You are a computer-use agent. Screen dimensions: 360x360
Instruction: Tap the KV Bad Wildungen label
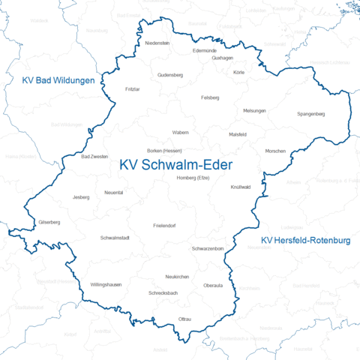pos(58,79)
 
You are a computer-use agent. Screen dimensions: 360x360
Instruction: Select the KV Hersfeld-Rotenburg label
pos(305,240)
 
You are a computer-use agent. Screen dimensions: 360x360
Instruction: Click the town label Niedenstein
pos(157,43)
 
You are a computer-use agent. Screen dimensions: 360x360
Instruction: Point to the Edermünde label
pos(204,49)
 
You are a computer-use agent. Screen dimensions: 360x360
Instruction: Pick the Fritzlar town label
pos(133,88)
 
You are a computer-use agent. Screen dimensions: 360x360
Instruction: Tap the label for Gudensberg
pos(170,75)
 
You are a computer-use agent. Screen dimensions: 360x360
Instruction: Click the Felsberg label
pos(211,97)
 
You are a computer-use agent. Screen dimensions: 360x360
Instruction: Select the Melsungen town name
pos(254,110)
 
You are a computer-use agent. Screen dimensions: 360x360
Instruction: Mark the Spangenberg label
pos(310,113)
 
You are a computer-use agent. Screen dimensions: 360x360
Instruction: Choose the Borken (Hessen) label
pos(165,151)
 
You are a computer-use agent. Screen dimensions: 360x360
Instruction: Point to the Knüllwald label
pos(240,186)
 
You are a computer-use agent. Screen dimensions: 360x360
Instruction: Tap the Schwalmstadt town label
pos(115,238)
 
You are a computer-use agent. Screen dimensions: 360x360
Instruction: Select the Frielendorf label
pos(163,225)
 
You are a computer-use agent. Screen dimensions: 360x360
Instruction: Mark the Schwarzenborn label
pos(208,248)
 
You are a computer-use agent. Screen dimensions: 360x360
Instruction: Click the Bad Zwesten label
pos(94,157)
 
